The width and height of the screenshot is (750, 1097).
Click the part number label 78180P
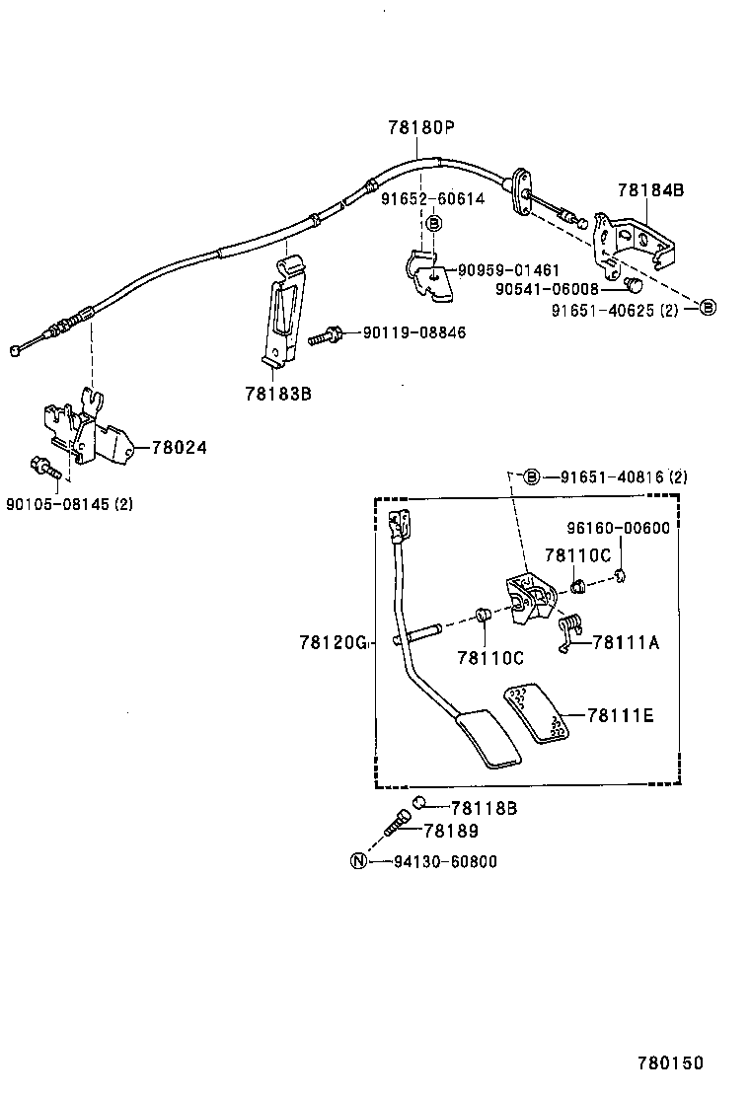[x=420, y=127]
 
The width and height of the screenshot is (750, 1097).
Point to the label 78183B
[x=278, y=393]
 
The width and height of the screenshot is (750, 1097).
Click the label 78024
[x=179, y=447]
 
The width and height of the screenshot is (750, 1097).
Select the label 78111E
[x=620, y=715]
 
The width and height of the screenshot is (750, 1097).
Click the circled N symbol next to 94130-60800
[x=359, y=861]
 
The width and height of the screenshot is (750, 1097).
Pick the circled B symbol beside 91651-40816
[x=531, y=477]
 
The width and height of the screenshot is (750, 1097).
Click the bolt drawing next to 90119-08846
[x=325, y=335]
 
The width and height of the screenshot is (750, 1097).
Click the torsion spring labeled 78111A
[x=569, y=631]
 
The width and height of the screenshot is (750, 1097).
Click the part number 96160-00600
[x=618, y=528]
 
